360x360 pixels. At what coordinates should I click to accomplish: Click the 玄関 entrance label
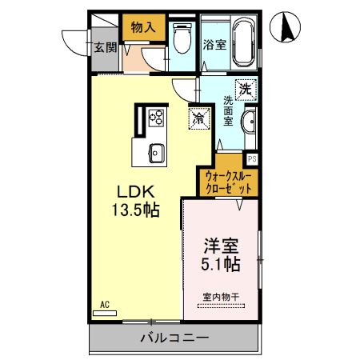click(104, 47)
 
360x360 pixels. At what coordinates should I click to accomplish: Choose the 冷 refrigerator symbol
click(198, 118)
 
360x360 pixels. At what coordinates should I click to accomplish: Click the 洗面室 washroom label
click(228, 112)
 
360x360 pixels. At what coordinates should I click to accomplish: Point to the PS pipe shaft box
click(252, 158)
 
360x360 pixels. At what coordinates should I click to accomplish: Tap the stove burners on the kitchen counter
click(156, 118)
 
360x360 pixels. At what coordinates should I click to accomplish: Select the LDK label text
click(142, 191)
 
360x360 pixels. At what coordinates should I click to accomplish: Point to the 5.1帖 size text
click(222, 263)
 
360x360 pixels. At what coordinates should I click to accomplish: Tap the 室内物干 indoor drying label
click(222, 297)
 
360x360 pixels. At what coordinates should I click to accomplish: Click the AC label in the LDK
click(104, 304)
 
